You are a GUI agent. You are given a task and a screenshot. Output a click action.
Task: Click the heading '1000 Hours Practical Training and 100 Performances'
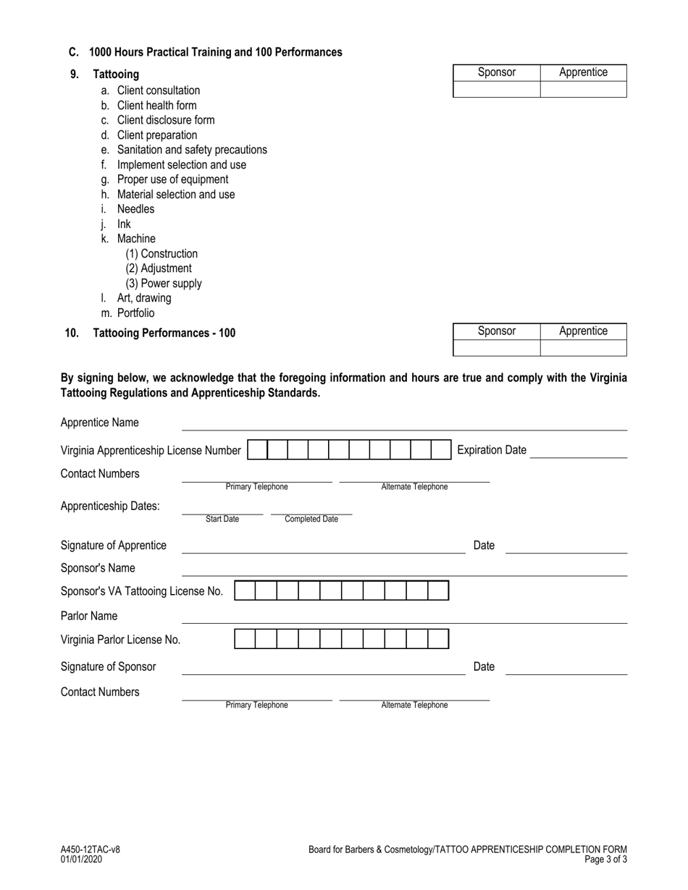pyautogui.click(x=215, y=52)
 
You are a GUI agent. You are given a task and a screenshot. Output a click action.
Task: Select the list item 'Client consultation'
pyautogui.click(x=158, y=90)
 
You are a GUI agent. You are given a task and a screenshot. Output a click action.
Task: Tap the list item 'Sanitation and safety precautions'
pyautogui.click(x=191, y=150)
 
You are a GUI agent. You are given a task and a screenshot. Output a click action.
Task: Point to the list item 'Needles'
pyautogui.click(x=135, y=209)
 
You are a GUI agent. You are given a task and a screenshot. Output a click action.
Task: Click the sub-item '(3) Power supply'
pyautogui.click(x=164, y=284)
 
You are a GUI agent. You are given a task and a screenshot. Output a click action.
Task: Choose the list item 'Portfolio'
pyautogui.click(x=135, y=313)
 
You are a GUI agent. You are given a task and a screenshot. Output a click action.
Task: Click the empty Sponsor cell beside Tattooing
pyautogui.click(x=496, y=89)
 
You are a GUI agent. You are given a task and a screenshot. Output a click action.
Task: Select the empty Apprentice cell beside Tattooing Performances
pyautogui.click(x=583, y=347)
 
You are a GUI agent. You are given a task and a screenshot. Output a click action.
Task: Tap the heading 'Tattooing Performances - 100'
pyautogui.click(x=164, y=333)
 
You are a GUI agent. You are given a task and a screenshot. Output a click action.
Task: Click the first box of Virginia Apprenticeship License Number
pyautogui.click(x=257, y=450)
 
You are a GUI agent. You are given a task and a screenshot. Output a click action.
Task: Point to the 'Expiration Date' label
pyautogui.click(x=492, y=450)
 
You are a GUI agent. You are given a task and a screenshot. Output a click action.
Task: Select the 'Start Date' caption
pyautogui.click(x=222, y=519)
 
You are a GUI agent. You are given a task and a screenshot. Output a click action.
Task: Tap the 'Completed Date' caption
pyautogui.click(x=311, y=519)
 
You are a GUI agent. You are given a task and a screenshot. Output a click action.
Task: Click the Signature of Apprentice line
pyautogui.click(x=322, y=548)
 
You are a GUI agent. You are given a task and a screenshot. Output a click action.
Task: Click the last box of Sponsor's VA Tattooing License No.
pyautogui.click(x=438, y=591)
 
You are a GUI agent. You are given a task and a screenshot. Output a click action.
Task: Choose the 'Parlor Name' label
pyautogui.click(x=89, y=616)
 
